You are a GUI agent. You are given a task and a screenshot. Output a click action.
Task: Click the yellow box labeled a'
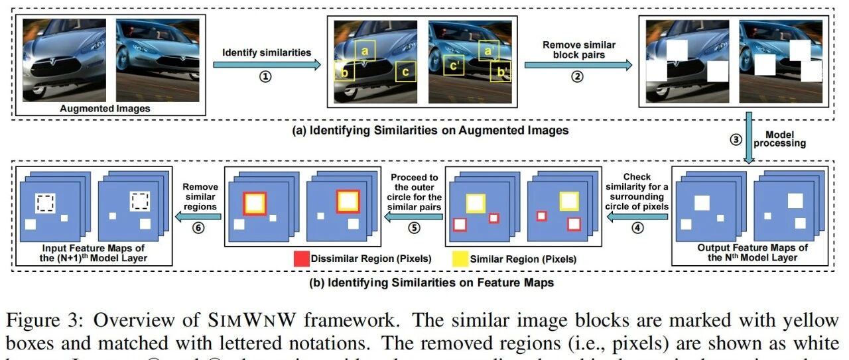(488, 50)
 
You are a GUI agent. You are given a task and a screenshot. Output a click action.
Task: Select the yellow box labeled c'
(454, 66)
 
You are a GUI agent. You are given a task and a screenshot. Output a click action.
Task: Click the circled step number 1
(265, 76)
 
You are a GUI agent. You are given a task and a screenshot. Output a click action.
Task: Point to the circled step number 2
(578, 76)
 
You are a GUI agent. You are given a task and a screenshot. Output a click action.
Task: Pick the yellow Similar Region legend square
(460, 259)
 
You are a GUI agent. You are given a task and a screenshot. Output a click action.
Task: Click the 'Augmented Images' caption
(105, 108)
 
